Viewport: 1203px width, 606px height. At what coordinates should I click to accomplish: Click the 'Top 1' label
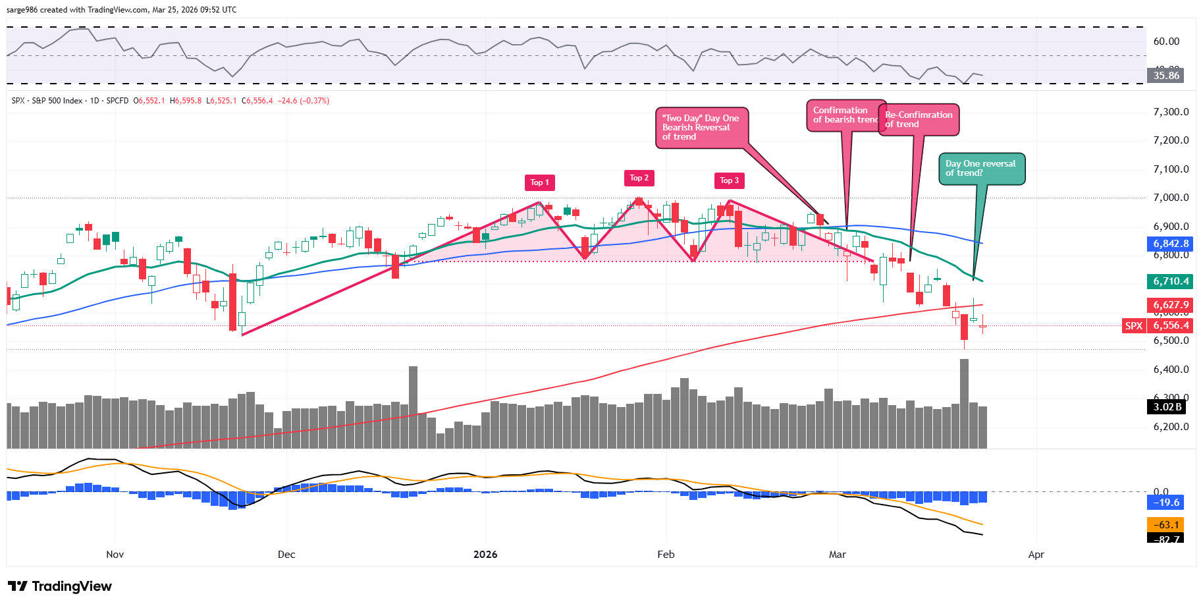click(539, 182)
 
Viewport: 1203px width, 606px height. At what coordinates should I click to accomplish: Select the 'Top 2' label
click(639, 178)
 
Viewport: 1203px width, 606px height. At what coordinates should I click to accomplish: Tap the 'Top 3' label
click(729, 180)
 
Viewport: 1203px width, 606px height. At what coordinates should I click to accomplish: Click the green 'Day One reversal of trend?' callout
click(981, 169)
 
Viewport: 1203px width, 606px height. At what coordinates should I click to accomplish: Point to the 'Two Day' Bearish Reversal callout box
click(701, 127)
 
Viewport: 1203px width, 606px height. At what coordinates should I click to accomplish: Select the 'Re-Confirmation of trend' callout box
click(919, 119)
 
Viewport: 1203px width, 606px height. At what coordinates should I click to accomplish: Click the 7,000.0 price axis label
click(1171, 198)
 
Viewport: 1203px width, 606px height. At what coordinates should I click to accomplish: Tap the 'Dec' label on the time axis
click(286, 555)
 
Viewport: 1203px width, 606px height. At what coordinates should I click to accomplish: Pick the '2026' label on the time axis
click(485, 555)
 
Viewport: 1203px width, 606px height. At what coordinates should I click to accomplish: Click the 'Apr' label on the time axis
click(1036, 555)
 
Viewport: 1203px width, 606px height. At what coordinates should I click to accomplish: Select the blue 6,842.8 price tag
click(1171, 244)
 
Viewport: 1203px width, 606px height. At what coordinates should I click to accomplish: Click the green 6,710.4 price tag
click(1171, 281)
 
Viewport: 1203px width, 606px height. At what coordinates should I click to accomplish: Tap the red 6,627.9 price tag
click(1171, 304)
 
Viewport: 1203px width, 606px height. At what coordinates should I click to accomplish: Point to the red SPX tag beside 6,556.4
click(1134, 325)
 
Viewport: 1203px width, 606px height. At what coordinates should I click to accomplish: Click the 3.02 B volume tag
click(1167, 406)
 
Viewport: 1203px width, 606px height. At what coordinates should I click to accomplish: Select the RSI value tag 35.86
click(1166, 75)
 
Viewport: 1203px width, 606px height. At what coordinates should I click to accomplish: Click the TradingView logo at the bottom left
click(61, 586)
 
